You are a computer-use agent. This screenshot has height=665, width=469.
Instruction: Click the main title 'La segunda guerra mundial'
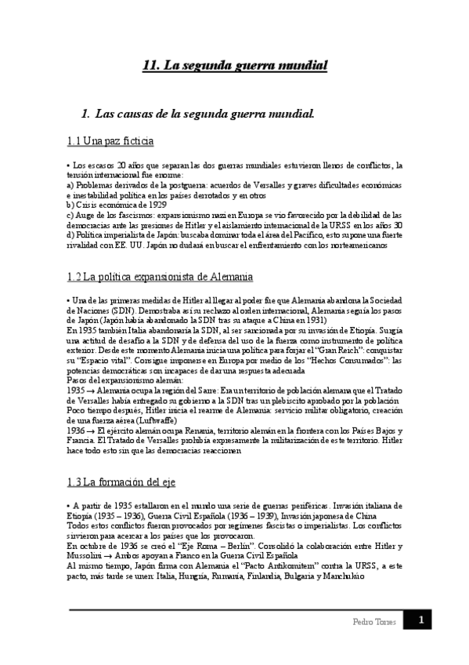(x=235, y=66)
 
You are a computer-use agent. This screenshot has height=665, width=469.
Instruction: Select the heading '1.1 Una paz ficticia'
(x=110, y=141)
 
